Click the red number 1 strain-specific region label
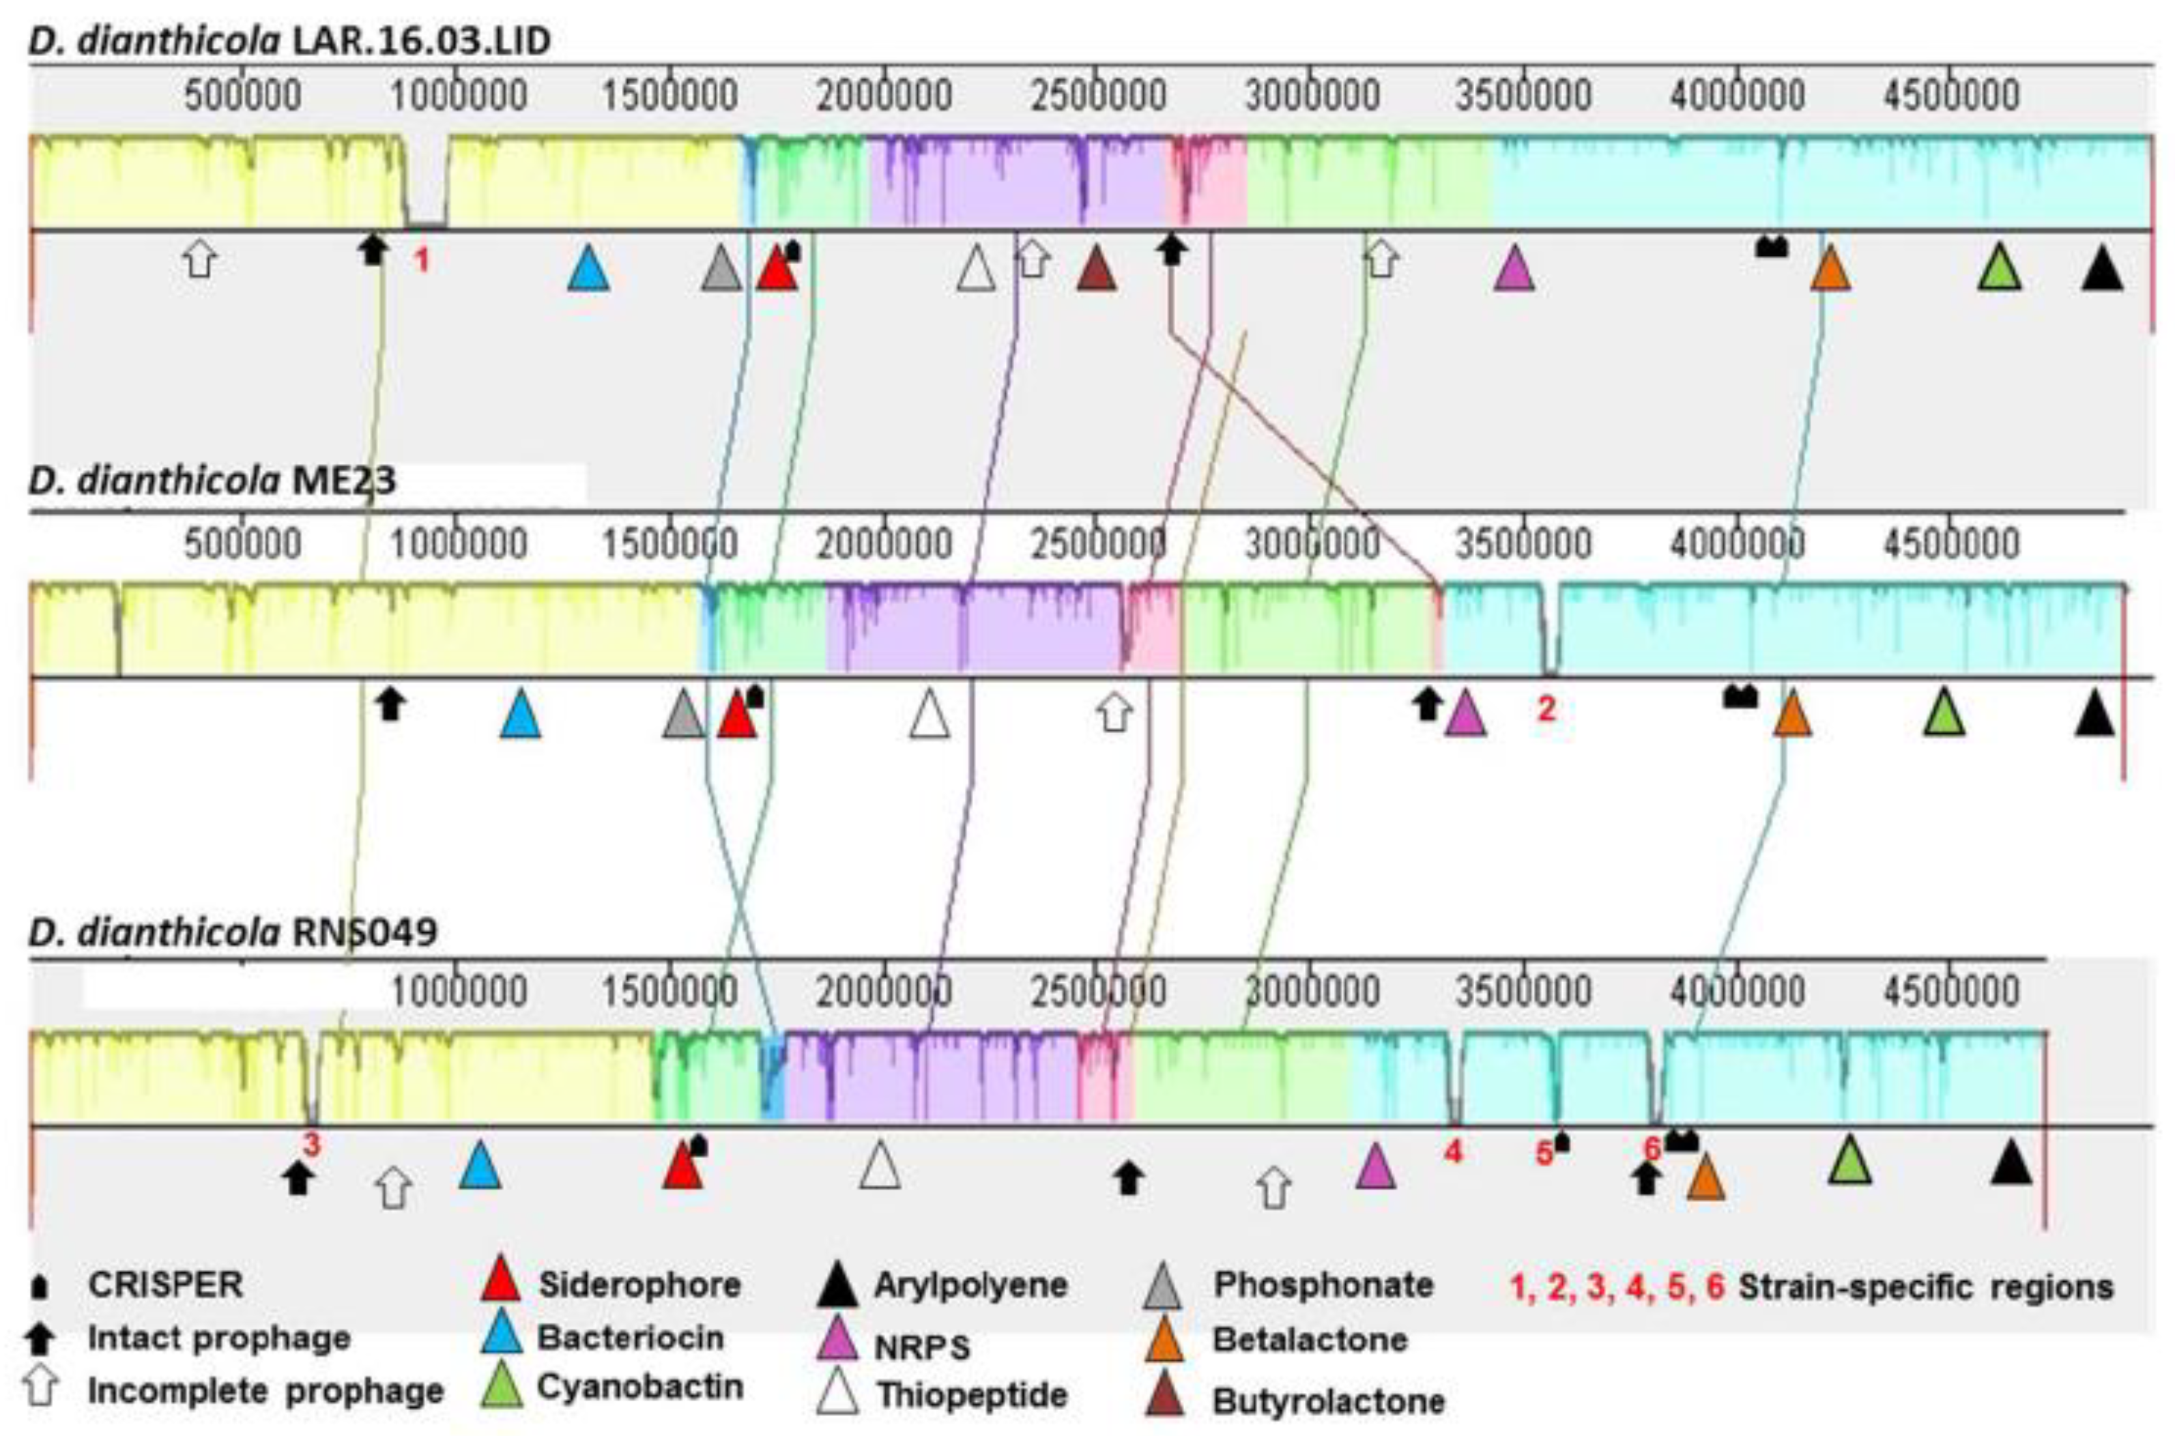point(421,261)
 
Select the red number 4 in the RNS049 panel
point(1454,1152)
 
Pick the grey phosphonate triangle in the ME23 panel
point(683,715)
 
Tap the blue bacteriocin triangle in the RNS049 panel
point(480,1166)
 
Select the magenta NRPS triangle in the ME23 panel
point(1465,715)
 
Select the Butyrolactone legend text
point(1328,1401)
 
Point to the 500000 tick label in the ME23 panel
point(243,544)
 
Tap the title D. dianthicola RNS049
point(233,932)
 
